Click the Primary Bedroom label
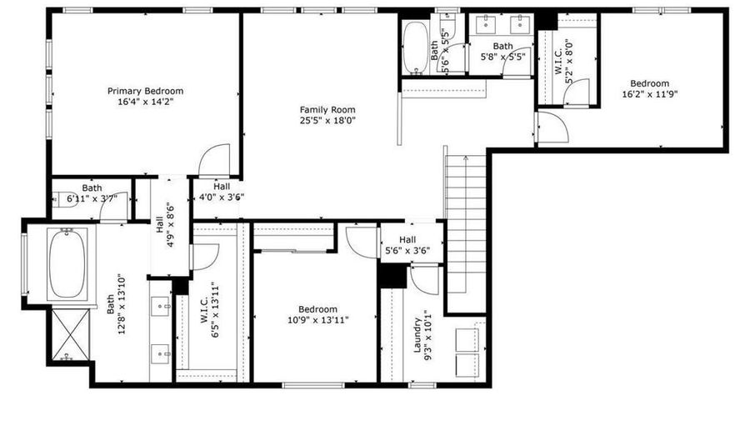[145, 91]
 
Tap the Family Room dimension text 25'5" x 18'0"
[327, 121]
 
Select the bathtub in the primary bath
[67, 264]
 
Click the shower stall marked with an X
[70, 334]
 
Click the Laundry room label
[417, 336]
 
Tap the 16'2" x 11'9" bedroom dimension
[649, 94]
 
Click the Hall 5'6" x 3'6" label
[407, 245]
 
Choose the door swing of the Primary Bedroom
[214, 159]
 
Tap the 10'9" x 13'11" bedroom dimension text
[318, 320]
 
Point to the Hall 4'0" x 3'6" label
[222, 192]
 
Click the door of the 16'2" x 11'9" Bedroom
[552, 127]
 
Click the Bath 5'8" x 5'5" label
[502, 51]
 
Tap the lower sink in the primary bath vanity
[160, 354]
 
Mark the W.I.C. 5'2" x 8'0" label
[563, 61]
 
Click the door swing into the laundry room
[424, 280]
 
